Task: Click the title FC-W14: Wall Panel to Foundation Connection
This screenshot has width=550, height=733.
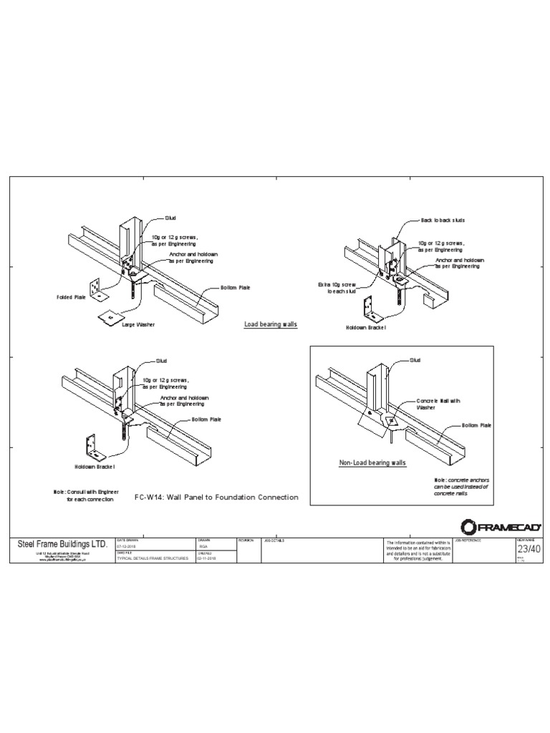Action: tap(216, 497)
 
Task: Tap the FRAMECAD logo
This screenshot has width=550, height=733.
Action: tap(501, 528)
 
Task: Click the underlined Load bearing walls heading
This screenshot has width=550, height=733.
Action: tap(271, 324)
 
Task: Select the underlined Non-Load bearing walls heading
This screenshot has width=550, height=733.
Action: tap(372, 463)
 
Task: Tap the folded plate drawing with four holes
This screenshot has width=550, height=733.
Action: tap(98, 286)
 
